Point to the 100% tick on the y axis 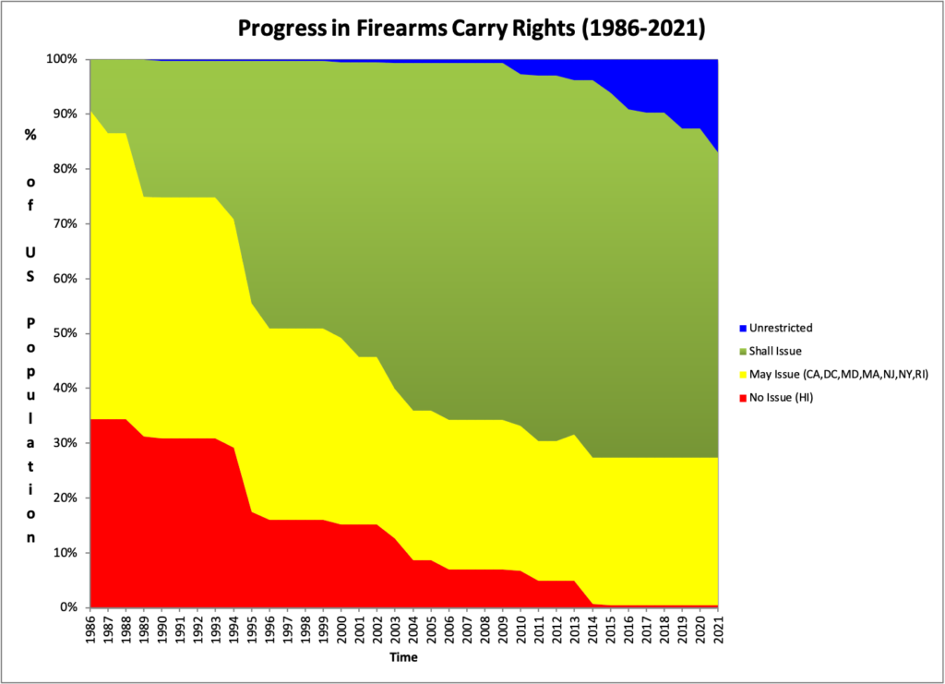[x=66, y=59]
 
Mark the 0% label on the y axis [x=71, y=607]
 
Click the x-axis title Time [x=403, y=658]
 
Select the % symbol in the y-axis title [x=30, y=133]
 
